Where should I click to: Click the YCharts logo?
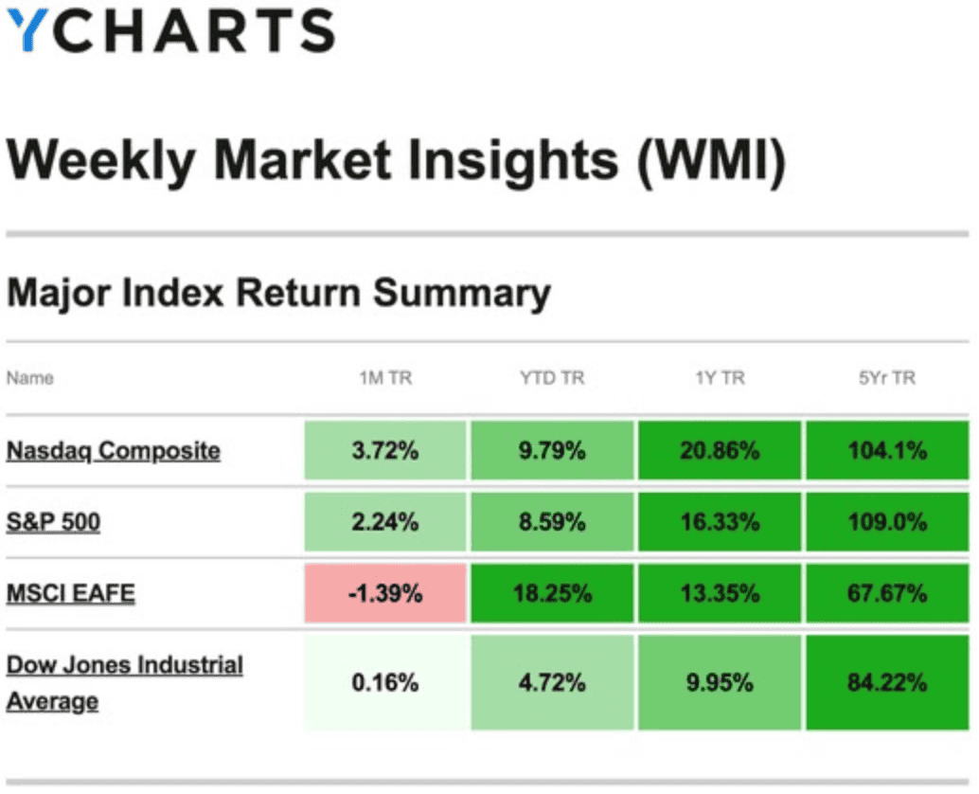[x=170, y=30]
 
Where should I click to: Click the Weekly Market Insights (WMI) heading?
[x=396, y=158]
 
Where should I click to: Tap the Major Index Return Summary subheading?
[x=278, y=294]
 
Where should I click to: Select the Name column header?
[x=30, y=378]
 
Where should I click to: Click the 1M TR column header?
[x=385, y=378]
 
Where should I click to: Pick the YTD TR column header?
[x=552, y=378]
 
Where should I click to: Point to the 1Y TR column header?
[x=720, y=378]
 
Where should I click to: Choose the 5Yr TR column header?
[x=888, y=378]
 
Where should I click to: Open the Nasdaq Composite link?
[x=114, y=450]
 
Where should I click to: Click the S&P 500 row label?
[x=53, y=521]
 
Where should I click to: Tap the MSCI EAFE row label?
[x=71, y=594]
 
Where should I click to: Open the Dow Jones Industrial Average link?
[x=124, y=682]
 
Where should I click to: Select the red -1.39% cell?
[x=385, y=594]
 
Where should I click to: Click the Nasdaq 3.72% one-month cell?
[x=385, y=450]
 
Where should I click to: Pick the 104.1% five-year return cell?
[x=888, y=450]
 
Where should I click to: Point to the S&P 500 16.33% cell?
[x=720, y=521]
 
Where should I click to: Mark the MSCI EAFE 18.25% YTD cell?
[x=552, y=594]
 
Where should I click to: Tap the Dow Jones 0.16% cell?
[x=385, y=682]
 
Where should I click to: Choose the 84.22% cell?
[x=888, y=682]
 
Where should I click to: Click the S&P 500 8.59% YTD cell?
[x=552, y=521]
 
